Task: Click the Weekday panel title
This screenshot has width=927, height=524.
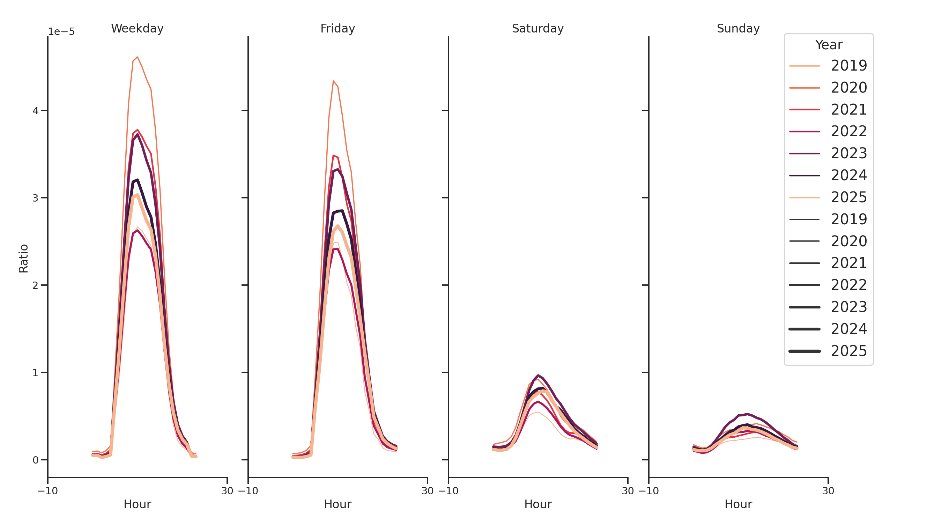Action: click(x=137, y=28)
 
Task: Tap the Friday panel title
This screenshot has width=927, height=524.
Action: click(x=338, y=28)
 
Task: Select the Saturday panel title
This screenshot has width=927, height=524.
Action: click(x=537, y=28)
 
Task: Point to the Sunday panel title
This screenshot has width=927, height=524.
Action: click(x=738, y=28)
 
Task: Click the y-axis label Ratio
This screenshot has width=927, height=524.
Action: click(x=23, y=258)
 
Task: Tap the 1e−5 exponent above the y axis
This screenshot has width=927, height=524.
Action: click(x=61, y=32)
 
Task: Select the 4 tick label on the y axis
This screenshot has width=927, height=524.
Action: click(x=35, y=110)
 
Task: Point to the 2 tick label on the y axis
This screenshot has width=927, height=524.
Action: click(x=35, y=285)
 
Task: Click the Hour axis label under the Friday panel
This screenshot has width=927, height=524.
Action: click(x=338, y=504)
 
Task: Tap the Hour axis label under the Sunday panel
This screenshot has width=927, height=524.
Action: click(x=738, y=504)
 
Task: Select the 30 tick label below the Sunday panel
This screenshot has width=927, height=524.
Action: click(x=828, y=491)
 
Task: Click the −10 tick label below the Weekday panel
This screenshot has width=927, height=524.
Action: click(x=47, y=491)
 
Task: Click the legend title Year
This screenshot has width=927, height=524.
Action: click(x=828, y=45)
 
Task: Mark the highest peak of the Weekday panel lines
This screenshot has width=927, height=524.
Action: click(x=138, y=57)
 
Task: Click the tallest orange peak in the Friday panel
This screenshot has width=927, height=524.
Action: click(x=333, y=81)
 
